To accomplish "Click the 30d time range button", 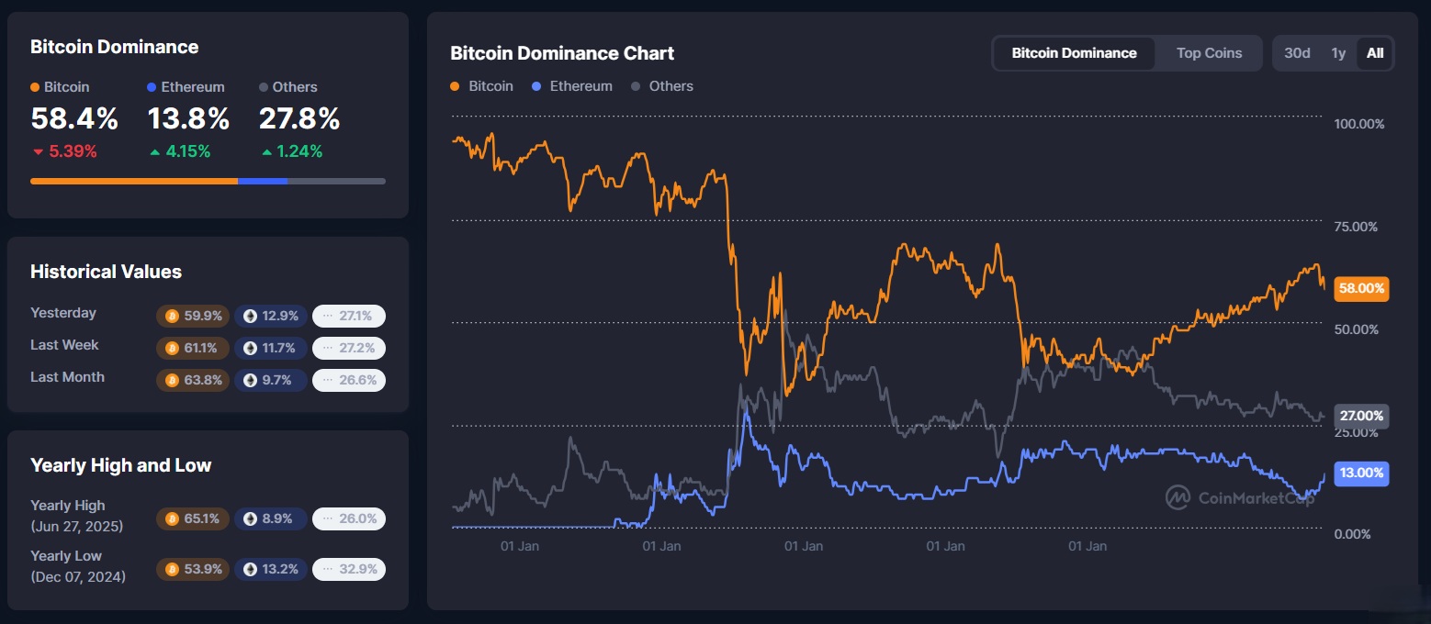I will tap(1297, 53).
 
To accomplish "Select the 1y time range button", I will tap(1338, 53).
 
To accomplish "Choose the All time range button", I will tap(1374, 53).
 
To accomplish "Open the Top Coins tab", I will tap(1209, 53).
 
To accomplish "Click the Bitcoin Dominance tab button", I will tap(1074, 53).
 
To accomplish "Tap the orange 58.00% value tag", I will tap(1361, 288).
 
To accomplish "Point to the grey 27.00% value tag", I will tap(1361, 416).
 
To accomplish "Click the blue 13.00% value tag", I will tap(1361, 474).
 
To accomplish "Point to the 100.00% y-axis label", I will tap(1358, 124).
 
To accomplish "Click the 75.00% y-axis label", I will tap(1358, 227).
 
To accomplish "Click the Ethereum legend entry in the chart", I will tap(572, 86).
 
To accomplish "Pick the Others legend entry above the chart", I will tap(662, 86).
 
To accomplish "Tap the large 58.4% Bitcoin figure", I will tap(74, 119).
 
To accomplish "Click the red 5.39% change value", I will tap(65, 151).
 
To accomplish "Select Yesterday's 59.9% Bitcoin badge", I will tap(193, 317).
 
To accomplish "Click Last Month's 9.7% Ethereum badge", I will tap(270, 380).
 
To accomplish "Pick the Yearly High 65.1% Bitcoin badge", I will tap(193, 518).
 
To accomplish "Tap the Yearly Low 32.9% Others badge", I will tap(349, 569).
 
